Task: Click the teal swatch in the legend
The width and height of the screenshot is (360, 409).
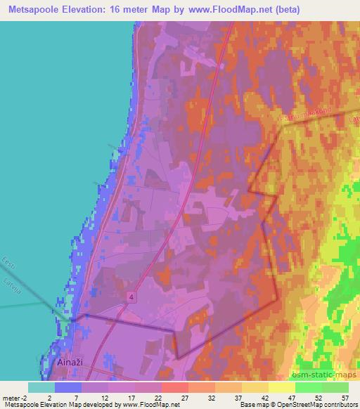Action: pos(41,387)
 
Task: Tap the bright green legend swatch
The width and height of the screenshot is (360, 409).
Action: pos(309,387)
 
